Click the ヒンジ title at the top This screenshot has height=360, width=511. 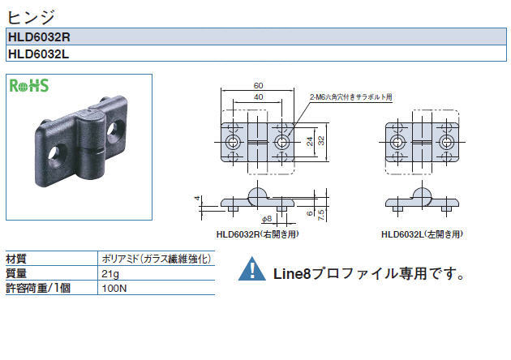(x=31, y=17)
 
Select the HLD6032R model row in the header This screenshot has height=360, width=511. (x=256, y=36)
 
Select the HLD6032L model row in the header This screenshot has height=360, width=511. (x=256, y=53)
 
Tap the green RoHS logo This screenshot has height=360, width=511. (x=29, y=86)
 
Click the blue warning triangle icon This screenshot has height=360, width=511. (x=252, y=268)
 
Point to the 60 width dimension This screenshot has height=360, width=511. (x=258, y=85)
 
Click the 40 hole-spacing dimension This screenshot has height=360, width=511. (x=258, y=97)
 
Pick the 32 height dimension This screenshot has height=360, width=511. (x=321, y=140)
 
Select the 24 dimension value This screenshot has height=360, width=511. (x=310, y=141)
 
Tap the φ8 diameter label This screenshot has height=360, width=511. (x=267, y=219)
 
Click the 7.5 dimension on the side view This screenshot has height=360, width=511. (x=321, y=215)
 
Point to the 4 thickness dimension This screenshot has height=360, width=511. (x=196, y=198)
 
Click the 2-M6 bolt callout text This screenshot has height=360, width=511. (x=351, y=96)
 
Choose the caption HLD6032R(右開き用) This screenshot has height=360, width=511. (x=257, y=234)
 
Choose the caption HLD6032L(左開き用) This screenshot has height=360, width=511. (x=422, y=234)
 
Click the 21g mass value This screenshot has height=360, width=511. (x=110, y=274)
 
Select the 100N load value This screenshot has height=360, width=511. (x=114, y=289)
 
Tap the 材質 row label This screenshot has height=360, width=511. (x=16, y=259)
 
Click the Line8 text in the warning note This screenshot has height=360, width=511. (x=292, y=274)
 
